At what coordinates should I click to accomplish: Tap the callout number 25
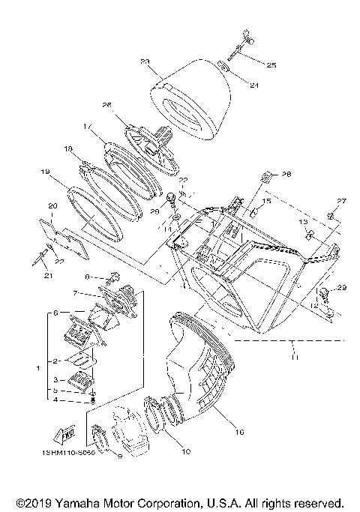pos(271,66)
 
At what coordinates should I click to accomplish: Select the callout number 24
pos(253,85)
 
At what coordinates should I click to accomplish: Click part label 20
pos(52,205)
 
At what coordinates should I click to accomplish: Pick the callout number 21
pos(50,276)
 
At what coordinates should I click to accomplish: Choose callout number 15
pos(267,202)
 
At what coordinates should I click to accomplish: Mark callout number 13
pos(304,223)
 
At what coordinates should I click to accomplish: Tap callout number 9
pos(118,476)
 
